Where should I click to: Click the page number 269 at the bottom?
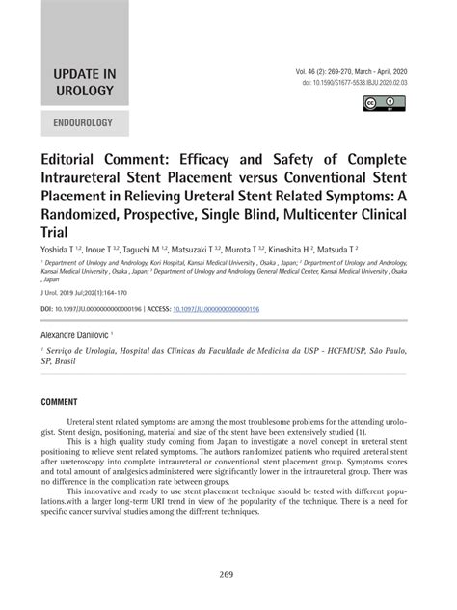coord(228,575)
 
